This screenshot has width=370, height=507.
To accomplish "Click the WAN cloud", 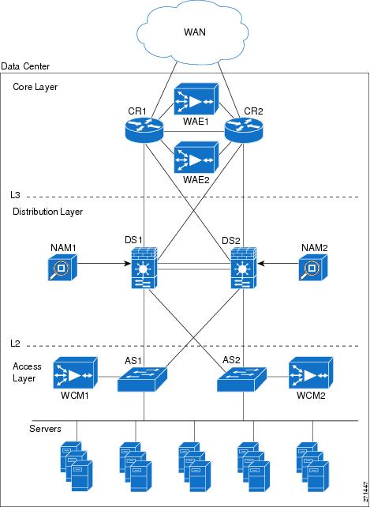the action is point(192,32).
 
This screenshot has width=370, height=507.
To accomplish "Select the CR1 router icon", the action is point(144,129).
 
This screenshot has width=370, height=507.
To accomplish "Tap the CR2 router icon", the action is point(244,129).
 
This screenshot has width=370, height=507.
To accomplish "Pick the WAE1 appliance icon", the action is point(196,99).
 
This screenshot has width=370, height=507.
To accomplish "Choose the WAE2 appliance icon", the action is point(196,157).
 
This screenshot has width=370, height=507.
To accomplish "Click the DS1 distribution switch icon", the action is point(144,268).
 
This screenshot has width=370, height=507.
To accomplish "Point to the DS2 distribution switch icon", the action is point(244,268).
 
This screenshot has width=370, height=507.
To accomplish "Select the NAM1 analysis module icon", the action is point(62,267).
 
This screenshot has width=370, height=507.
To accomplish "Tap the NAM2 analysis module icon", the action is point(313,267).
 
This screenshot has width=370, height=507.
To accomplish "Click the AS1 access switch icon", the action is point(142,379).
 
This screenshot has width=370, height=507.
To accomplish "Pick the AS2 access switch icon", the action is point(242,379).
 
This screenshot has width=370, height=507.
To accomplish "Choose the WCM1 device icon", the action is point(75,373).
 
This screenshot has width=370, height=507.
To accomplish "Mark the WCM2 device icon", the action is point(311,373).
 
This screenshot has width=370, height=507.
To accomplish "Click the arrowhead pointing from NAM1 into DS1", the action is point(128,264).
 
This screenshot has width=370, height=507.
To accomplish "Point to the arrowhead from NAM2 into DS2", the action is point(261,264).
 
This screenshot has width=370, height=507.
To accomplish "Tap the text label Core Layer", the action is point(36,87).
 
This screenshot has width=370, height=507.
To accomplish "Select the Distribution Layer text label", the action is point(48,212).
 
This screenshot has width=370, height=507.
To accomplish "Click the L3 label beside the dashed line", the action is point(15,195).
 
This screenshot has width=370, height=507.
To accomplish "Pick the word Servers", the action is point(45,429).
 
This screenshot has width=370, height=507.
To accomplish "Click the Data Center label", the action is point(25,66).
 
